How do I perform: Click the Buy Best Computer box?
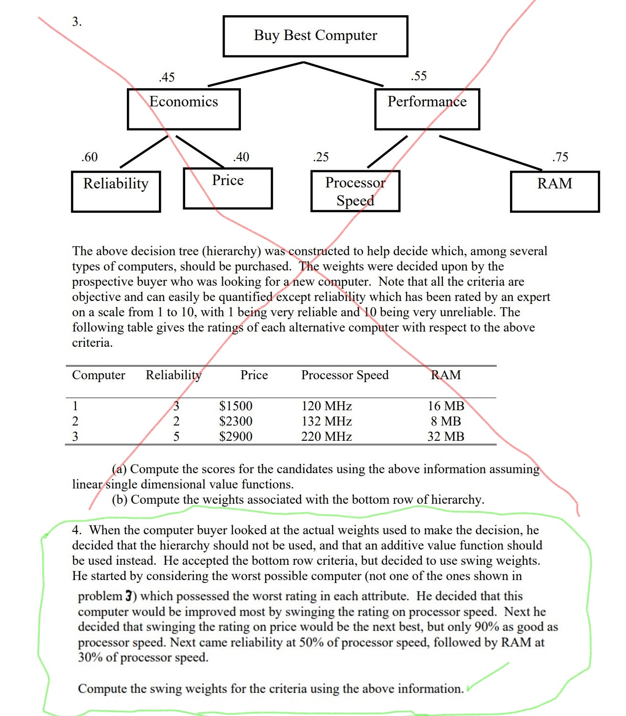coord(315,36)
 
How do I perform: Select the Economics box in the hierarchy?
coord(184,109)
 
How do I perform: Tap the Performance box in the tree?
coord(427,109)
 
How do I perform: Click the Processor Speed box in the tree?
coord(355,191)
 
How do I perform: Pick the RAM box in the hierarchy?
coord(554,191)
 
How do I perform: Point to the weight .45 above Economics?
coord(167,77)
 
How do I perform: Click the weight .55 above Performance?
coord(418,76)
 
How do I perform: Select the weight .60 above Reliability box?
coord(89,157)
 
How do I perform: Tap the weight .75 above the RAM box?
coord(560,157)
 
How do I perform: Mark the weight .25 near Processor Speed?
coord(321,157)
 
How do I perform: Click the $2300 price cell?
coord(236,421)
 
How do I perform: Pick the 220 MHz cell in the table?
coord(326,436)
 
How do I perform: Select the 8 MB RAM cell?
coord(446,421)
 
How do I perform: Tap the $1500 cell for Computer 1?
coord(236,406)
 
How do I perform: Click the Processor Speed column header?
coord(344,375)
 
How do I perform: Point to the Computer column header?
coord(98,375)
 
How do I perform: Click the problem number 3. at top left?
coord(77,21)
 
